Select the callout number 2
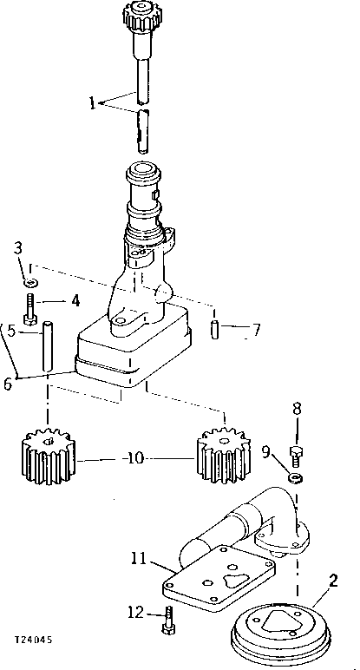[x=333, y=580]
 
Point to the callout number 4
[x=75, y=301]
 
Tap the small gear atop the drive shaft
[x=139, y=15]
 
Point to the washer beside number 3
[x=29, y=283]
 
